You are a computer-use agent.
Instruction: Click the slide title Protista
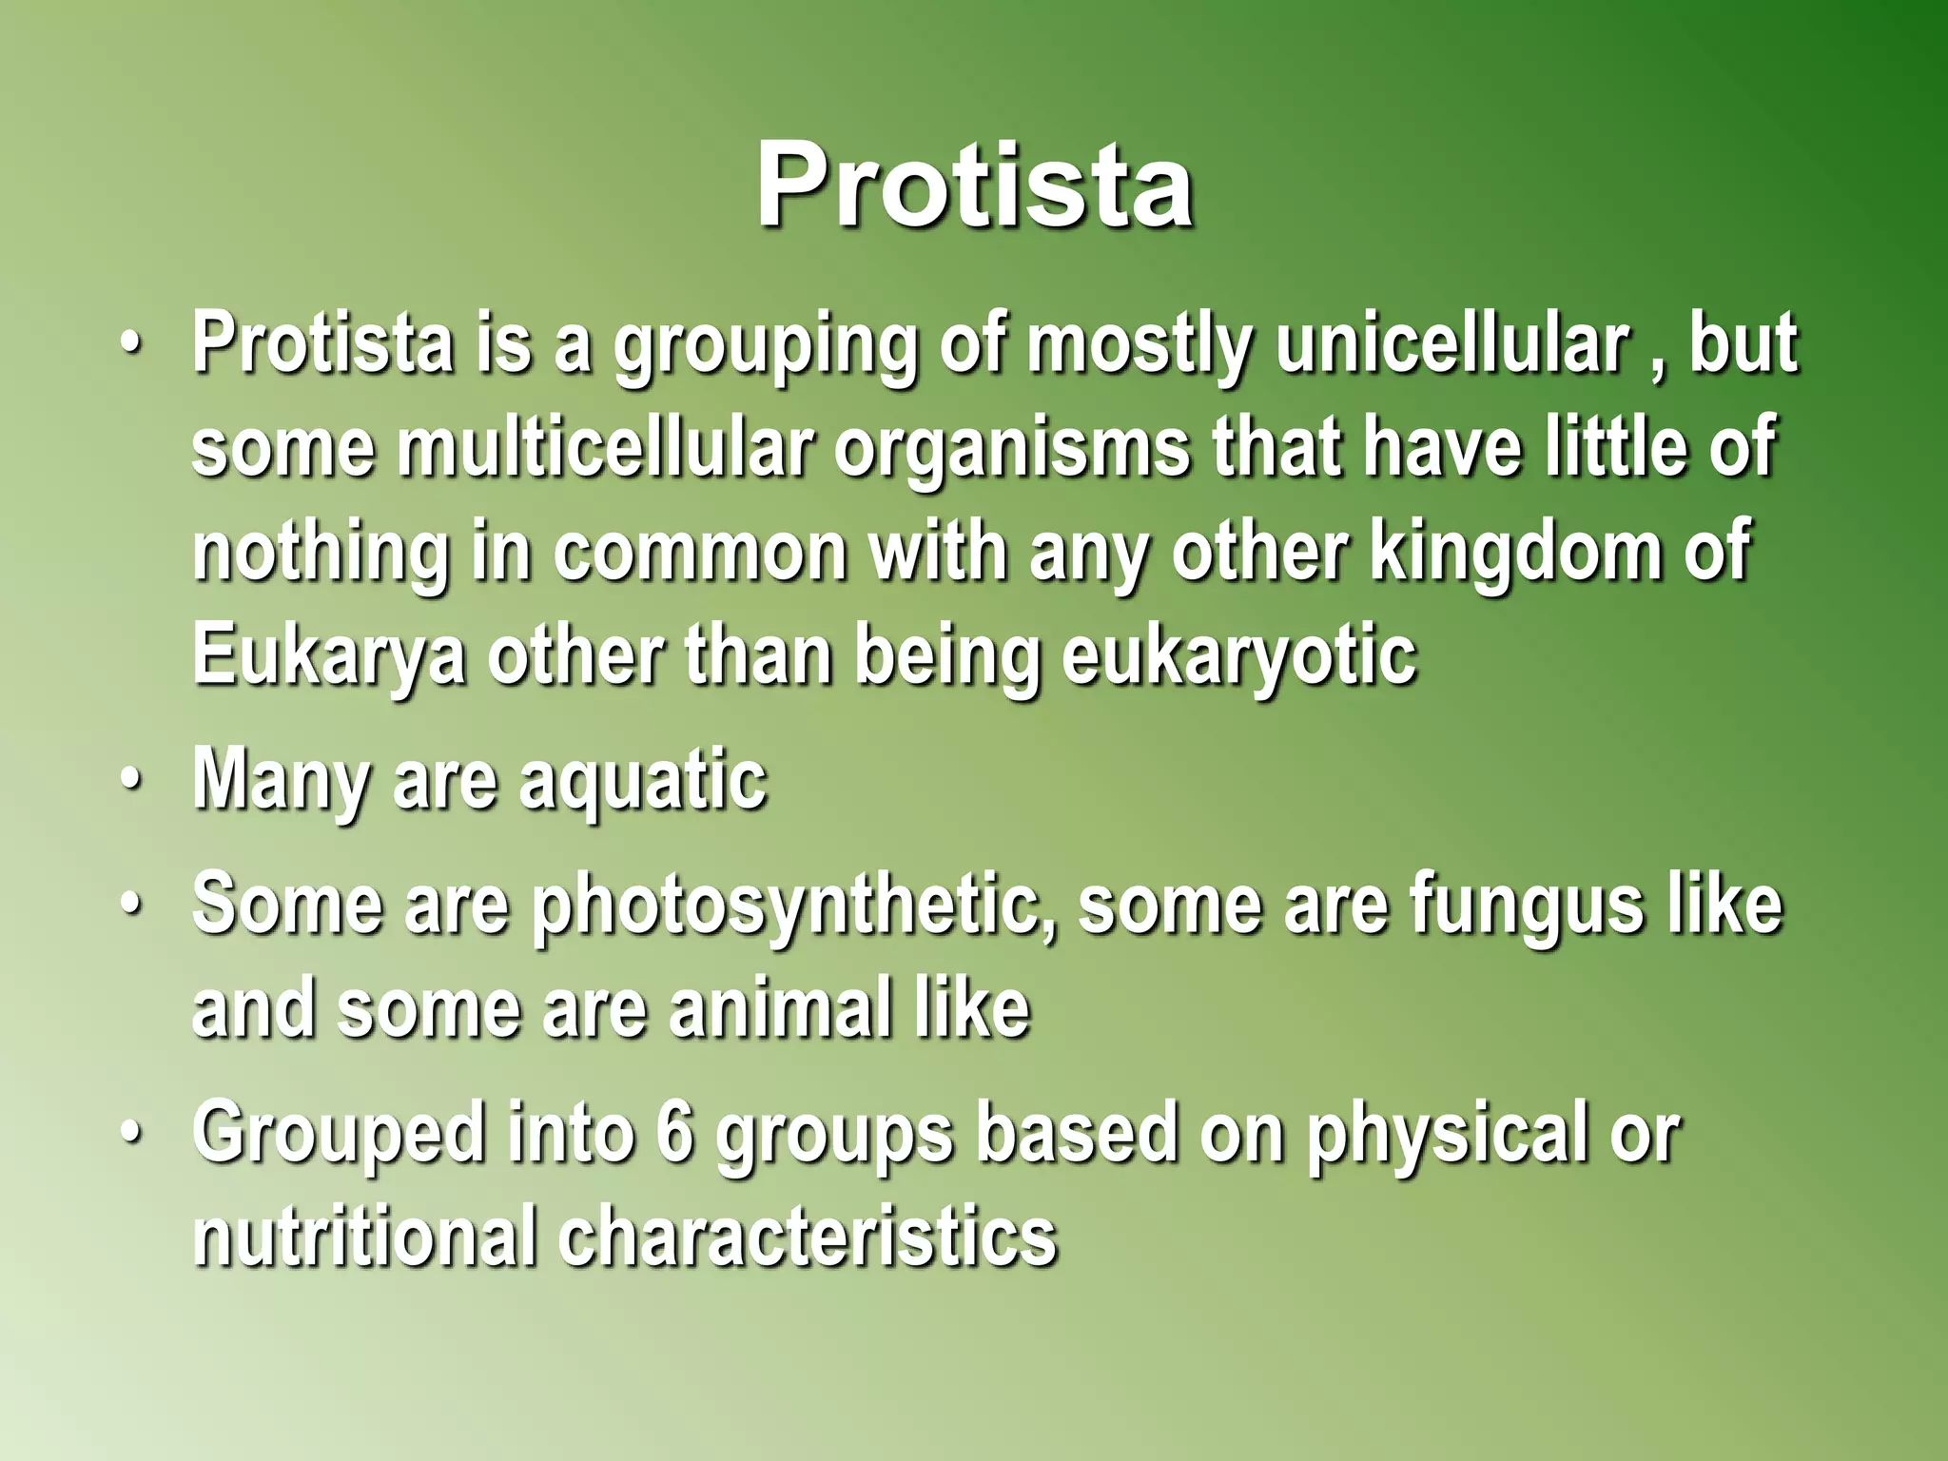pyautogui.click(x=974, y=185)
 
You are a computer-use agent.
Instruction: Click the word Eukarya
pyautogui.click(x=329, y=656)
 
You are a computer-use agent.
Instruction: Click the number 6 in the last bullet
pyautogui.click(x=674, y=1134)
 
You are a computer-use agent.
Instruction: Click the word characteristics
pyautogui.click(x=808, y=1237)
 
